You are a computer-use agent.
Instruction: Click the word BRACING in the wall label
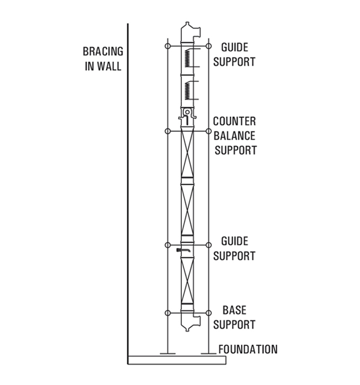pyautogui.click(x=103, y=51)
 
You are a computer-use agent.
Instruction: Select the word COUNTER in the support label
pyautogui.click(x=234, y=121)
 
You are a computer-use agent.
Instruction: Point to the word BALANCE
pyautogui.click(x=234, y=136)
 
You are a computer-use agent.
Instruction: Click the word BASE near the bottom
pyautogui.click(x=234, y=310)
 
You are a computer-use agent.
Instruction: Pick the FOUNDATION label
pyautogui.click(x=248, y=349)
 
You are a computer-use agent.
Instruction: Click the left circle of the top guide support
pyautogui.click(x=167, y=46)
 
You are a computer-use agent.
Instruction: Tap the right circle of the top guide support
pyautogui.click(x=208, y=46)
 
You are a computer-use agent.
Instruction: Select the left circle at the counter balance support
pyautogui.click(x=167, y=131)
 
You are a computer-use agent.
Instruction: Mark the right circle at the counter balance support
pyautogui.click(x=208, y=131)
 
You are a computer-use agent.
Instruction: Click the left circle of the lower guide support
pyautogui.click(x=167, y=245)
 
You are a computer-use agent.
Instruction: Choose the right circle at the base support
pyautogui.click(x=208, y=313)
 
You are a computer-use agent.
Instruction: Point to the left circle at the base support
pyautogui.click(x=167, y=313)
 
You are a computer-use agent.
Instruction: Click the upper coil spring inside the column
pyautogui.click(x=187, y=58)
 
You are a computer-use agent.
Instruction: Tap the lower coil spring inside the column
pyautogui.click(x=187, y=90)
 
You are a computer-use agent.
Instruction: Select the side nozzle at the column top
pyautogui.click(x=197, y=32)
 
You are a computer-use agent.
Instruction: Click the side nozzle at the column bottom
pyautogui.click(x=197, y=321)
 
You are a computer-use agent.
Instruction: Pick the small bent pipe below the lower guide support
pyautogui.click(x=183, y=250)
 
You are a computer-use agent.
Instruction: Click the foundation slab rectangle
pyautogui.click(x=177, y=360)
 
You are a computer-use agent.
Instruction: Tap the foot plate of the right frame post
pyautogui.click(x=208, y=354)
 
